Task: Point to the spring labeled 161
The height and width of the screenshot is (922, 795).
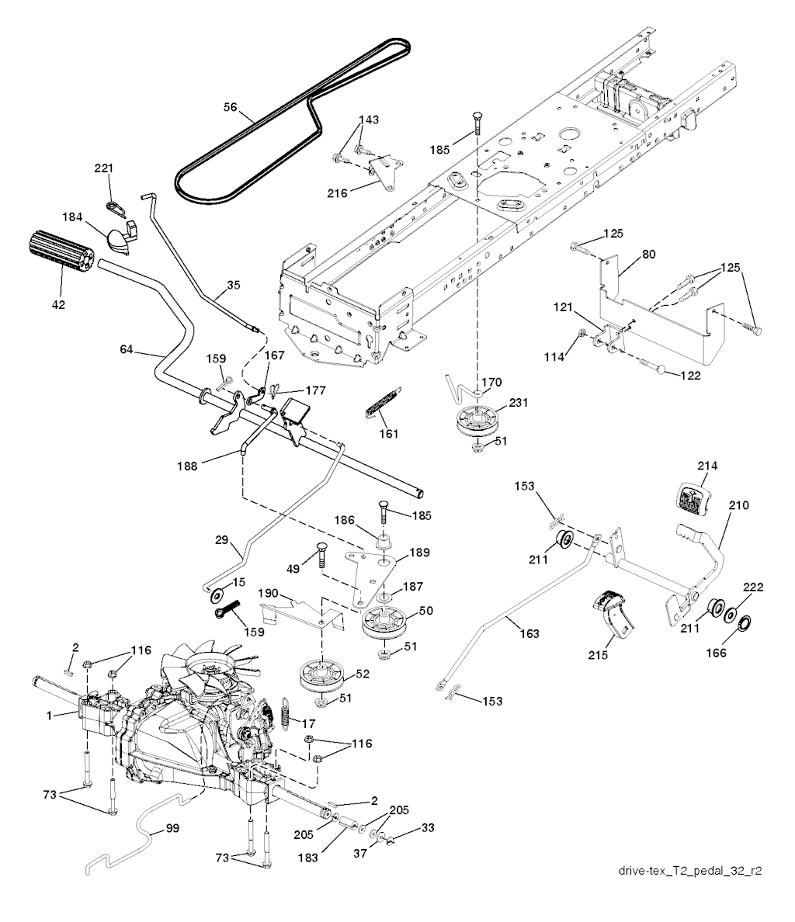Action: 381,404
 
